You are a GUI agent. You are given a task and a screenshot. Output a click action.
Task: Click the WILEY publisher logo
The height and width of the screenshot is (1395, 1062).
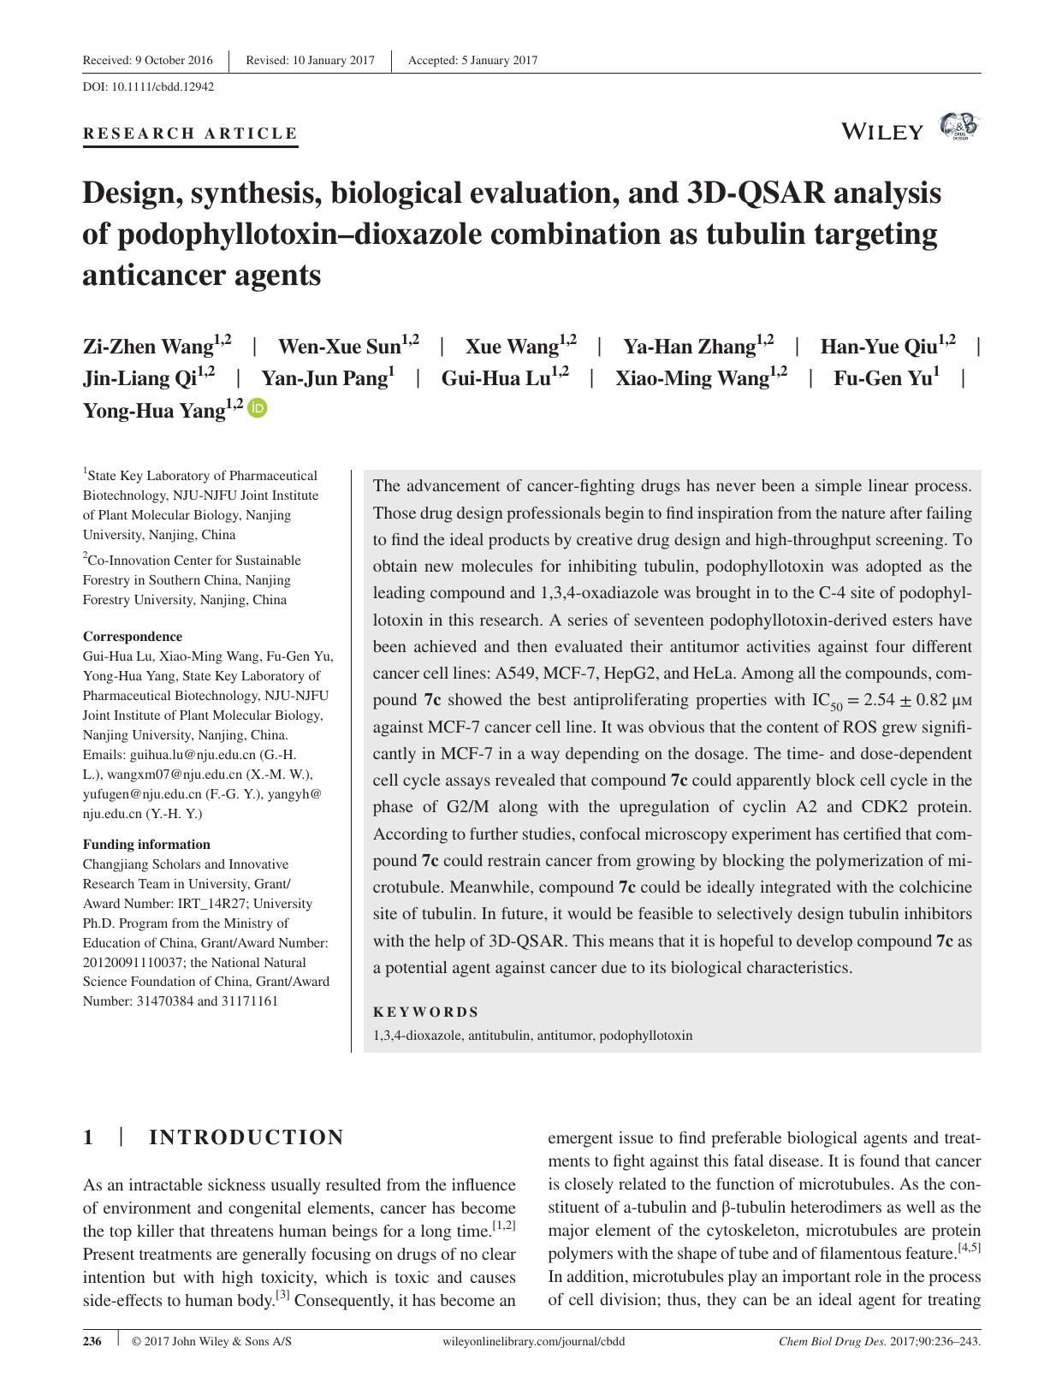(882, 132)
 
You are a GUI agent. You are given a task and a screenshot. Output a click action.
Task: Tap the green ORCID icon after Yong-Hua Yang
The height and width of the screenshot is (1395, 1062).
(258, 409)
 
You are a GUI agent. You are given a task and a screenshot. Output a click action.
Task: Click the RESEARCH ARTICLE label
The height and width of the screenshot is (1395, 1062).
(190, 134)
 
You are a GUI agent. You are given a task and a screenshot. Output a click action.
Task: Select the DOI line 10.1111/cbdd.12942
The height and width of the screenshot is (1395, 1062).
(148, 86)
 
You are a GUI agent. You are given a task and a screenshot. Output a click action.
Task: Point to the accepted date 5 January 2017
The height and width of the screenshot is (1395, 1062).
(472, 60)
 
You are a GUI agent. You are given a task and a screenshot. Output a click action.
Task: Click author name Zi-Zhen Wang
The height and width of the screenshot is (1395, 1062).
(147, 347)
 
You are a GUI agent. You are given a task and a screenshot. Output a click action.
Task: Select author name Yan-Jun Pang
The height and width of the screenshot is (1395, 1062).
(324, 379)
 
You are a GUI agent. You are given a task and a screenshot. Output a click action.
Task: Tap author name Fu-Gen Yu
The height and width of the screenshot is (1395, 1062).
(882, 379)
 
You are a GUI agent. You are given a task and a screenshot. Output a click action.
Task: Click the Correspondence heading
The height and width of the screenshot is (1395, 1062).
(133, 636)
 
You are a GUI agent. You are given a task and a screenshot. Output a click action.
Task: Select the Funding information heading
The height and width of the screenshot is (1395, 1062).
(146, 844)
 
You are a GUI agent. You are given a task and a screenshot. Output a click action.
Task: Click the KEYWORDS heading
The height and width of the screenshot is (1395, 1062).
(426, 1012)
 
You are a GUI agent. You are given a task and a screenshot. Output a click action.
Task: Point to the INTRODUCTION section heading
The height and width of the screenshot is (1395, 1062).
(246, 1137)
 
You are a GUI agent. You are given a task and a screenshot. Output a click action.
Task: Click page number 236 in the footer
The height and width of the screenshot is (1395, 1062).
(92, 1341)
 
